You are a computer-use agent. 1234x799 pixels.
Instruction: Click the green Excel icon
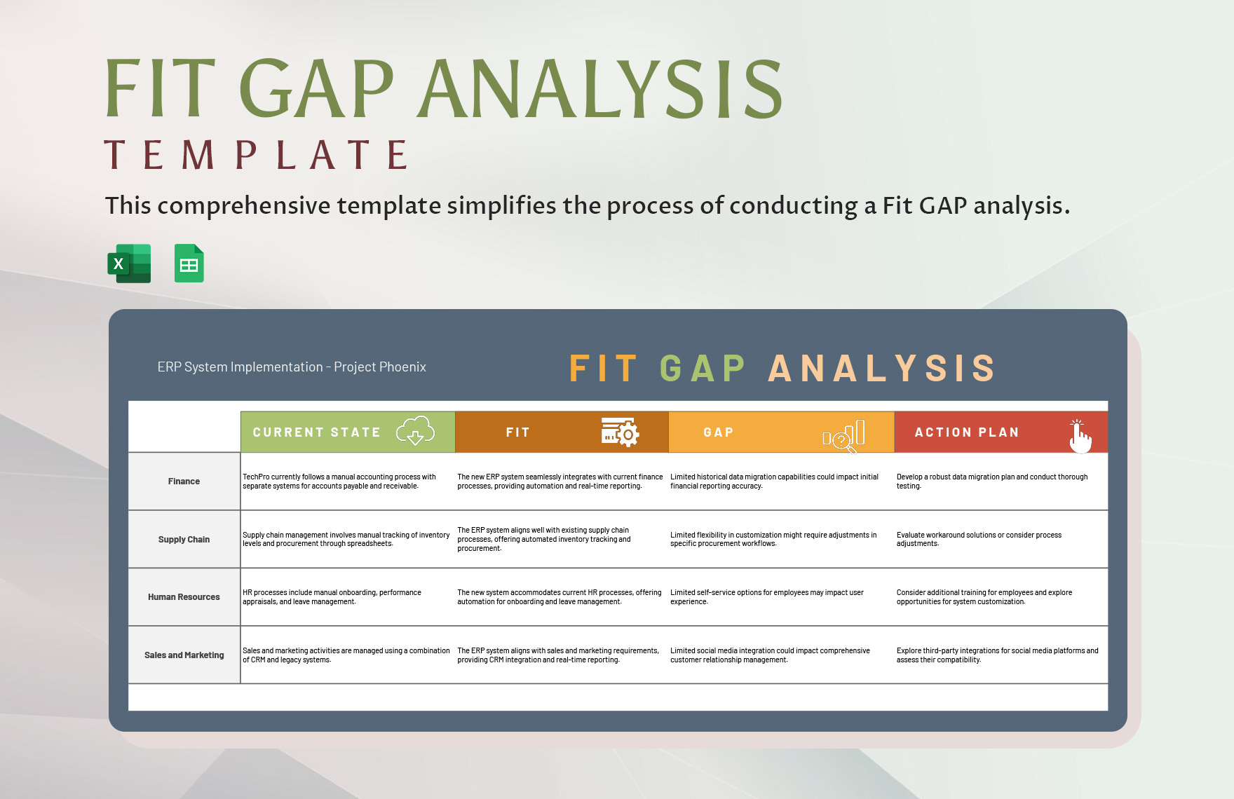click(130, 264)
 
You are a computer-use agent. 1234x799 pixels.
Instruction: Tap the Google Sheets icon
click(189, 264)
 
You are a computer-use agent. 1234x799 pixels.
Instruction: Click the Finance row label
click(184, 482)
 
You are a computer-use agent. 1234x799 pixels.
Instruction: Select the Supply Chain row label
click(184, 540)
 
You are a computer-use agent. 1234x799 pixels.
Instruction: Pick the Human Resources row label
click(184, 597)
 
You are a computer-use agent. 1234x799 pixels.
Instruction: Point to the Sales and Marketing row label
click(184, 655)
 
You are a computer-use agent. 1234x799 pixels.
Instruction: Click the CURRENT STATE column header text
click(316, 432)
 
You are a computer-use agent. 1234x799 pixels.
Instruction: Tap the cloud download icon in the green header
click(415, 431)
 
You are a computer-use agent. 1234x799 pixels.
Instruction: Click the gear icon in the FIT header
click(621, 432)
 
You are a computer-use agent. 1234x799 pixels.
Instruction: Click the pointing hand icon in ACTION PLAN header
click(1080, 437)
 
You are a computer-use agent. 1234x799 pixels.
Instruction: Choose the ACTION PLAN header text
click(966, 432)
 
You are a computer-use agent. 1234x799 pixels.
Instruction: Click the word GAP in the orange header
click(718, 432)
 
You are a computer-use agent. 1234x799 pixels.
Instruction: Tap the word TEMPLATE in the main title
click(257, 155)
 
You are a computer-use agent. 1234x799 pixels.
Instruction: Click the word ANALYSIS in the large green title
click(600, 89)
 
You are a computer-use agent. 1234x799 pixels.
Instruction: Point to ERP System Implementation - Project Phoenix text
click(292, 367)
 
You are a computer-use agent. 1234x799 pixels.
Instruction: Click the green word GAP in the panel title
click(703, 369)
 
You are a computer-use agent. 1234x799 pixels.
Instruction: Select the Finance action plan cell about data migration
click(991, 482)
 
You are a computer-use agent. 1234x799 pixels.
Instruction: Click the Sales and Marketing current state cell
click(346, 655)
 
